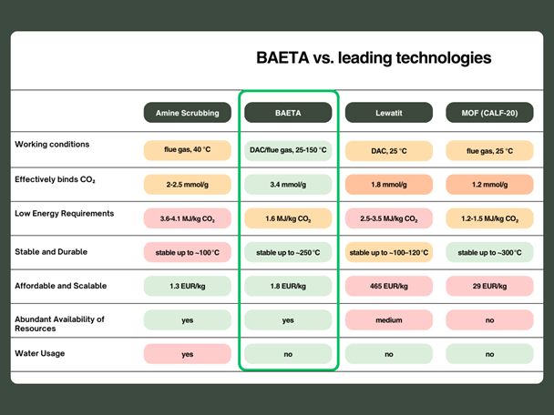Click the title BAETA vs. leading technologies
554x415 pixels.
pyautogui.click(x=374, y=58)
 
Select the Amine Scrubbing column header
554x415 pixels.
pyautogui.click(x=188, y=113)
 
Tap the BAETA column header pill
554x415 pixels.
pyautogui.click(x=288, y=113)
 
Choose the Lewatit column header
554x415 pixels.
pyautogui.click(x=388, y=113)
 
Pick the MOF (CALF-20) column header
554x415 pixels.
pyautogui.click(x=489, y=113)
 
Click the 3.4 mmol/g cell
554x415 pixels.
pyautogui.click(x=288, y=184)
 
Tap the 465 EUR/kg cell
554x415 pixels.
pyautogui.click(x=388, y=286)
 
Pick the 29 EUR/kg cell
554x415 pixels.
pyautogui.click(x=489, y=286)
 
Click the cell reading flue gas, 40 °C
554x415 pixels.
pyautogui.click(x=188, y=149)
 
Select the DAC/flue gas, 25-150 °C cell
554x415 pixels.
pyautogui.click(x=288, y=149)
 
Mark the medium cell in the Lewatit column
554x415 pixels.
pyautogui.click(x=388, y=320)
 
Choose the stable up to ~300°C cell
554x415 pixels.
pyautogui.click(x=489, y=251)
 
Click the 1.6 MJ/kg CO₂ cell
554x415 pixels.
pyautogui.click(x=288, y=218)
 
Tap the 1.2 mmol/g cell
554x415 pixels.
pyautogui.click(x=489, y=184)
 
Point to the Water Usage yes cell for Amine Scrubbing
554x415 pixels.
pyautogui.click(x=188, y=354)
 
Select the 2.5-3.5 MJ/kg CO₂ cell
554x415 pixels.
pyautogui.click(x=388, y=218)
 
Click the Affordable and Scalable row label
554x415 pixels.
pyautogui.click(x=61, y=286)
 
